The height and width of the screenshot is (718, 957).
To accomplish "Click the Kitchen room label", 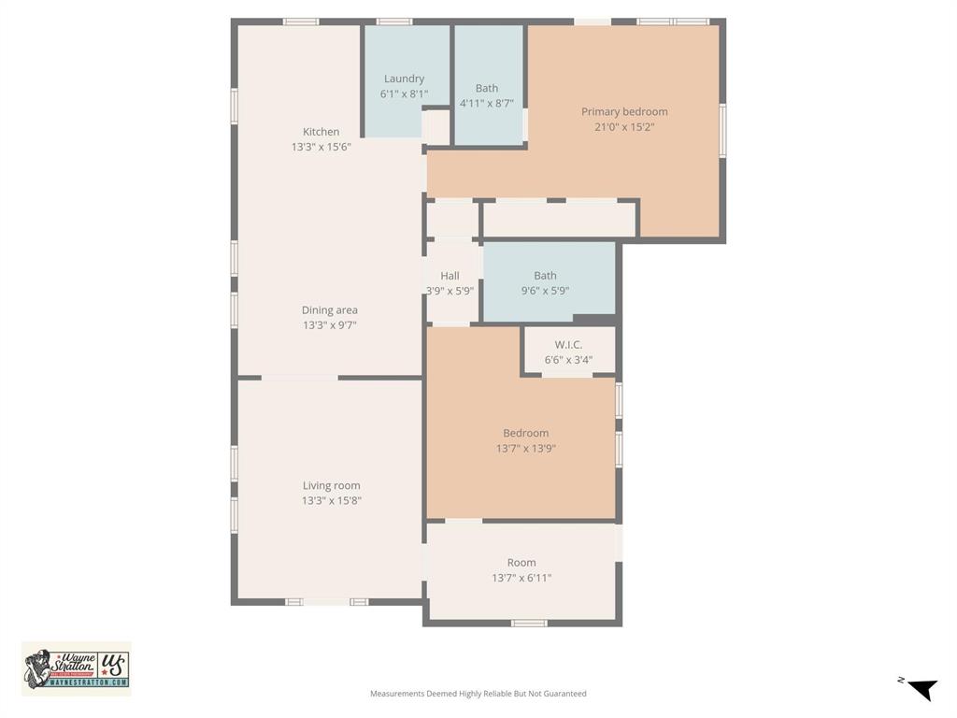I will (x=321, y=132).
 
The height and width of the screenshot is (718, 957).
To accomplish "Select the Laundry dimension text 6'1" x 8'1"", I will (x=403, y=94).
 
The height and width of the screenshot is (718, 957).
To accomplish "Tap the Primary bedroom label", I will (x=624, y=111).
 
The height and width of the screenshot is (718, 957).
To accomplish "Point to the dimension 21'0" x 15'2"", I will (x=624, y=127).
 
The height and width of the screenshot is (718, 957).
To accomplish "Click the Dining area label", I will (x=329, y=310).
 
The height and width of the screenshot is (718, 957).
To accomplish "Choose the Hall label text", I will (x=450, y=276).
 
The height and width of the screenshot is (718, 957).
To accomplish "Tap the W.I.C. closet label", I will (x=568, y=345).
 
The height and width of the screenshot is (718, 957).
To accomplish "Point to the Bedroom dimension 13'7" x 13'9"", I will (x=525, y=449).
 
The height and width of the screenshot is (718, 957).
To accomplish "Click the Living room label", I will (x=331, y=485).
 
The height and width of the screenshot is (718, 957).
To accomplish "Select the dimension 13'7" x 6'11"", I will (x=521, y=578).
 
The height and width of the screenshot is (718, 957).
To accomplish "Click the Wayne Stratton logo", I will (x=77, y=668).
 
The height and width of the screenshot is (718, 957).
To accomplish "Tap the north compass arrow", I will (x=921, y=689).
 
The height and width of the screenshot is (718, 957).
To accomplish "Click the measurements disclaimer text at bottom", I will (x=478, y=694).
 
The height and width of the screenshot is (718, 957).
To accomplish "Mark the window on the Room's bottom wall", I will (x=529, y=623).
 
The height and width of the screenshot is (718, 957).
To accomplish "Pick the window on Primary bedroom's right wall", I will (x=722, y=130).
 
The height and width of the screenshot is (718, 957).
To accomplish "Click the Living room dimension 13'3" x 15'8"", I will (x=331, y=501).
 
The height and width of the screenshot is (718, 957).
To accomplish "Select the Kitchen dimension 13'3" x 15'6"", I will (x=321, y=147).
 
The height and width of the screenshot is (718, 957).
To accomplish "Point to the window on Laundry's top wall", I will (x=393, y=22).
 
